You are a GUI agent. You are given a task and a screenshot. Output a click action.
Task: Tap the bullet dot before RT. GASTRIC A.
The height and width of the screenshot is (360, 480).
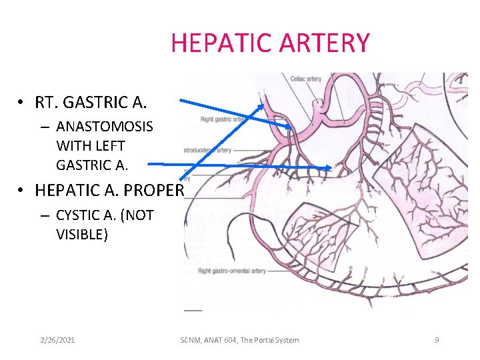click(x=21, y=103)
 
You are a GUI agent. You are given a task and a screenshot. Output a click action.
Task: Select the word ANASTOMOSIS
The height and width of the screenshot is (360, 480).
click(x=104, y=127)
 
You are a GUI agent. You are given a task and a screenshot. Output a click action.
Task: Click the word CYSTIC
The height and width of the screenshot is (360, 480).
click(x=82, y=215)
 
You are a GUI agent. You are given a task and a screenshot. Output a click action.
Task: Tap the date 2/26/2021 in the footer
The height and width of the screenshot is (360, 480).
click(x=57, y=340)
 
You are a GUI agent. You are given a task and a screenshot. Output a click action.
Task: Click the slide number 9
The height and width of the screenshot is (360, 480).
click(x=437, y=340)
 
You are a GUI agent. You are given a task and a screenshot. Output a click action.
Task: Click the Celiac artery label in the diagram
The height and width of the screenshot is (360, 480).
click(x=306, y=79)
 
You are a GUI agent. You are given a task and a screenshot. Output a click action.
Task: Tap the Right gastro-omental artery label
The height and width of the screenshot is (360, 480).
click(x=231, y=271)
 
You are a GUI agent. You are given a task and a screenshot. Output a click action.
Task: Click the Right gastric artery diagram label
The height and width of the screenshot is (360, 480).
click(x=222, y=119)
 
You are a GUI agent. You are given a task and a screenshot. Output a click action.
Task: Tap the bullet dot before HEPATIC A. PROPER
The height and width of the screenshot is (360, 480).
click(x=21, y=191)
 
